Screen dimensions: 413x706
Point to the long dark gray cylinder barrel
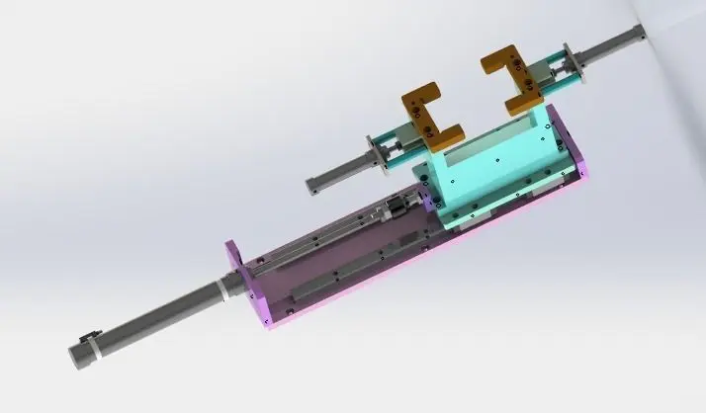(158, 315)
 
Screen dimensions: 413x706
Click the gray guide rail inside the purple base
(346, 267)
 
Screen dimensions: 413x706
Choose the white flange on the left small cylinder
(375, 154)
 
